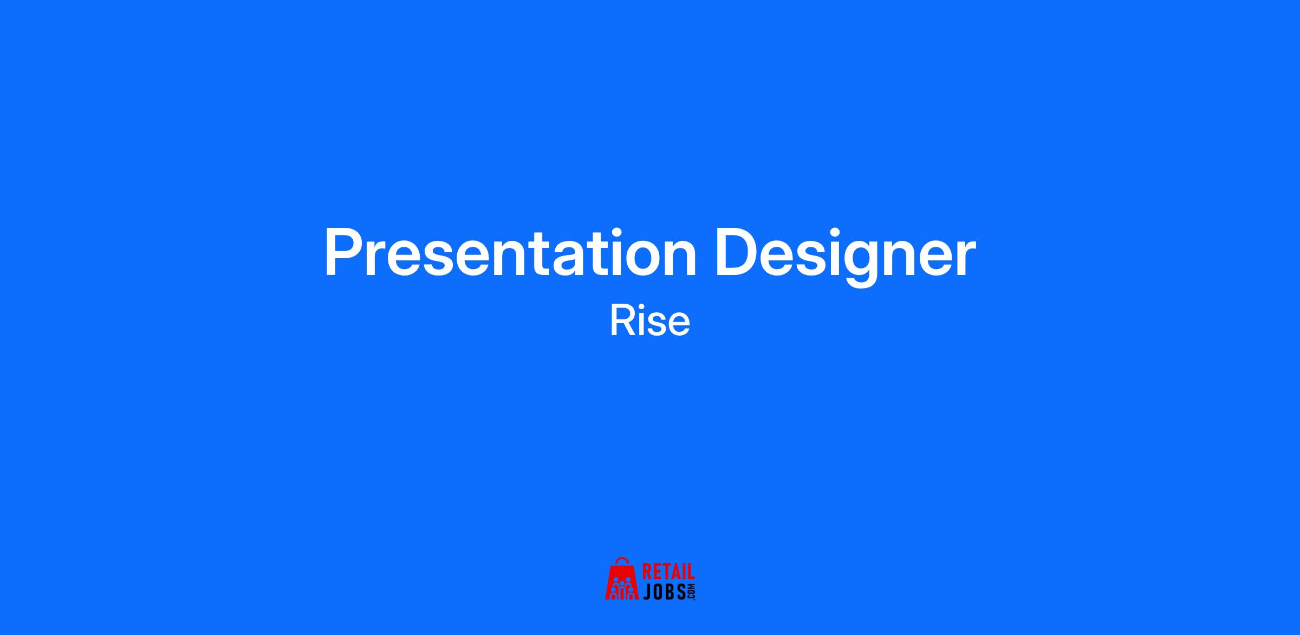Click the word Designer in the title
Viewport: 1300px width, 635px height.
point(846,257)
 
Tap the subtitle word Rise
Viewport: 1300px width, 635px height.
point(650,321)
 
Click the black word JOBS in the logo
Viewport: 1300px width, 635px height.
point(664,592)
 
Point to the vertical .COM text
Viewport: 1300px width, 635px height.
point(691,592)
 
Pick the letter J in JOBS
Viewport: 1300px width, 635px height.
point(647,592)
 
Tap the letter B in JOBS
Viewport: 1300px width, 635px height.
point(670,592)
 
